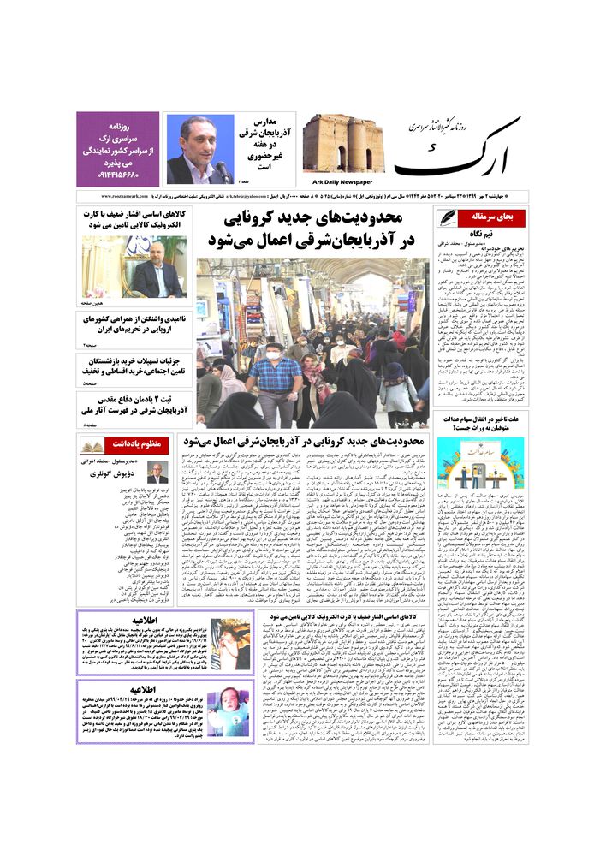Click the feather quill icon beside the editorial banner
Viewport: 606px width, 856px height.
tap(447, 217)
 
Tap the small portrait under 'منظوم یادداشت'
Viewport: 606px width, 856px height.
tap(157, 473)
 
